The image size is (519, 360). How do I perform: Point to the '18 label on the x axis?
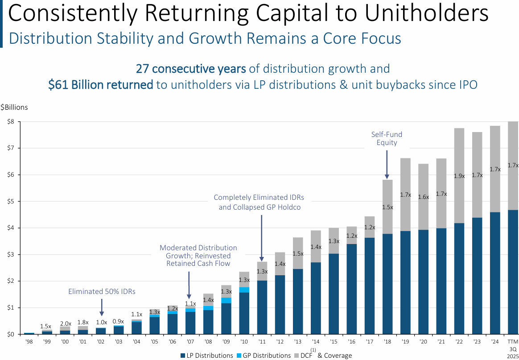click(387, 342)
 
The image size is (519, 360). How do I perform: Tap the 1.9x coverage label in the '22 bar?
click(459, 176)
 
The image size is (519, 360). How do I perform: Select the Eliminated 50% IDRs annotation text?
click(102, 291)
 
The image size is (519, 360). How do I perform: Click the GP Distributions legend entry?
click(264, 356)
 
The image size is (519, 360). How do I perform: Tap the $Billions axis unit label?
click(14, 107)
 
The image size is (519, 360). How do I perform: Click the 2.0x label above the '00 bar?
click(66, 323)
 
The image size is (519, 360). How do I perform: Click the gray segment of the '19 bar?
click(405, 194)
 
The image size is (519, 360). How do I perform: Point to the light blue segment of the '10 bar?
click(244, 290)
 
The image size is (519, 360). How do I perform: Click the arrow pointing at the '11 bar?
click(262, 237)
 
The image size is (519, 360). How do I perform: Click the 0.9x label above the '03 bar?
click(119, 321)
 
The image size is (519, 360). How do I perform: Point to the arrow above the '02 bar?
click(102, 307)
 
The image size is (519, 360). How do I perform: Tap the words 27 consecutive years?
click(190, 69)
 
